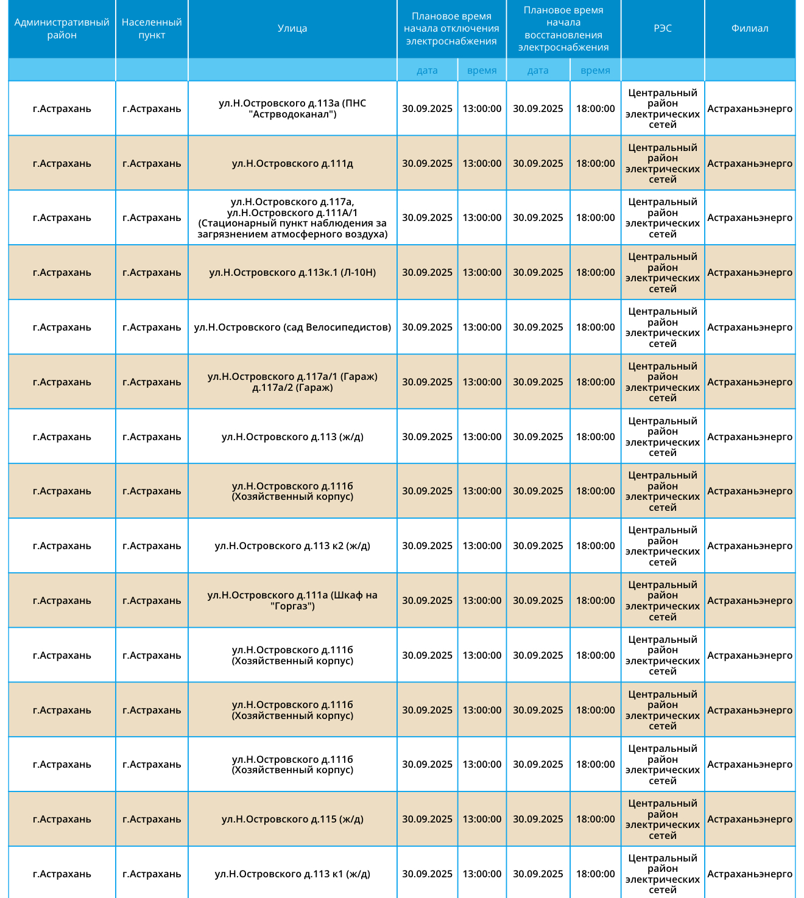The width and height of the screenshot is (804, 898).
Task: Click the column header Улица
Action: [x=292, y=29]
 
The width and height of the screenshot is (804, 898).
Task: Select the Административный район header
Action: [x=62, y=29]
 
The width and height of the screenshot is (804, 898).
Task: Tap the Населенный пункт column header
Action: [x=152, y=29]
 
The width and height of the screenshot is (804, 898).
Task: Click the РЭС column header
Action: [x=663, y=29]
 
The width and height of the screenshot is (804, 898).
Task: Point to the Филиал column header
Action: [x=750, y=29]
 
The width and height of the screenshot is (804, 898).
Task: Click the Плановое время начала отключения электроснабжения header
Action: [x=451, y=29]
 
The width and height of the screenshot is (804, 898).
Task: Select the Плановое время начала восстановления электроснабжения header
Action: [x=563, y=29]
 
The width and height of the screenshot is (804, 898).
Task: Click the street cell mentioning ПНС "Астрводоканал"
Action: [x=292, y=108]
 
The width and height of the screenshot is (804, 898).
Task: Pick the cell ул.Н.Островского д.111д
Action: [x=292, y=163]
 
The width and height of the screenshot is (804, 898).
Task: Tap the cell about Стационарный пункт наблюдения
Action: [x=292, y=217]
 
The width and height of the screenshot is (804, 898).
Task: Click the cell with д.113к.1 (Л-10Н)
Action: [x=292, y=272]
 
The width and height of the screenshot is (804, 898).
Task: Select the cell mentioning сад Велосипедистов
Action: [x=292, y=327]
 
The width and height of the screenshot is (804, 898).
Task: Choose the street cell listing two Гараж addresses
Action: [x=292, y=382]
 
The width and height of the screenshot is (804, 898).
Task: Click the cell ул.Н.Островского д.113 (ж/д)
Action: [x=292, y=437]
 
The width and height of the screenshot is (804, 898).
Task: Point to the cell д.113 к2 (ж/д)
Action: [x=292, y=545]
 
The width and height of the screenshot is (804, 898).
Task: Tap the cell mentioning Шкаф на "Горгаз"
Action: [x=292, y=600]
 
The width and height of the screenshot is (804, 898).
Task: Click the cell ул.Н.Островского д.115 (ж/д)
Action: [x=292, y=819]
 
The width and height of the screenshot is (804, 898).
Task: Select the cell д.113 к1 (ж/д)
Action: [x=292, y=874]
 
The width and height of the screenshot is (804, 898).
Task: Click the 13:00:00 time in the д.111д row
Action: [x=482, y=163]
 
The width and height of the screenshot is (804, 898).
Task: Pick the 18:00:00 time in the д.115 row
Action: [x=595, y=819]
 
